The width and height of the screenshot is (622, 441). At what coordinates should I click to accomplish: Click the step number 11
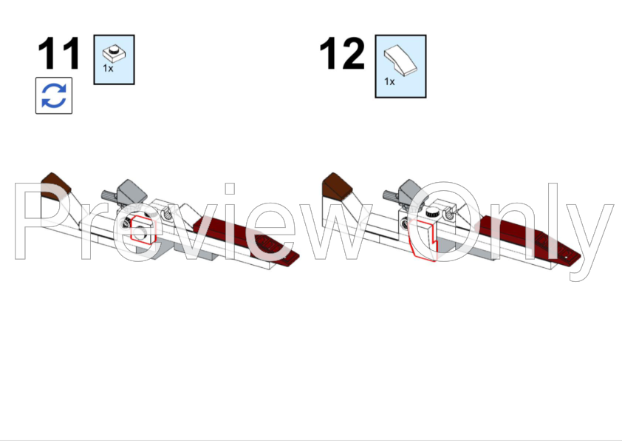click(x=59, y=55)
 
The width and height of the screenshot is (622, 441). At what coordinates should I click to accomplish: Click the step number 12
click(x=341, y=55)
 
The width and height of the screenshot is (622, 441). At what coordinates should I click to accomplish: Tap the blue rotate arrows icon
click(x=54, y=96)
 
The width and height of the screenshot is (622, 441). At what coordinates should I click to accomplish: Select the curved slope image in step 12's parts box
click(x=400, y=59)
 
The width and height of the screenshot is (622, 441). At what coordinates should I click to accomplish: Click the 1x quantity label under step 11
click(x=108, y=68)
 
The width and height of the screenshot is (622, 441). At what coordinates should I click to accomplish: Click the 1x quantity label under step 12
click(x=389, y=81)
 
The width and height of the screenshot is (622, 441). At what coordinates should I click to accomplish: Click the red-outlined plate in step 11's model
click(x=140, y=232)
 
